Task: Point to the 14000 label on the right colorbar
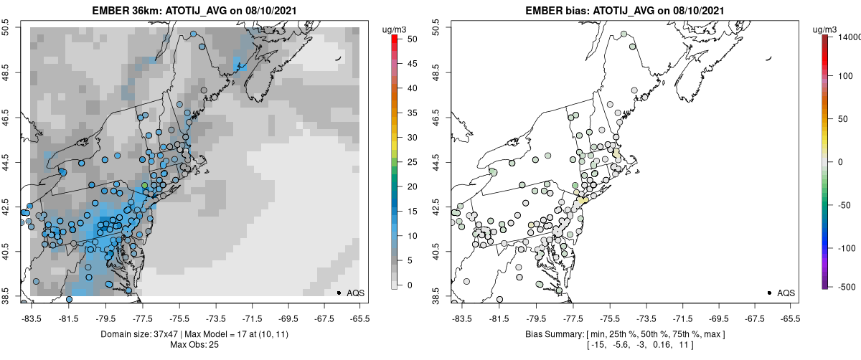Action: (x=850, y=37)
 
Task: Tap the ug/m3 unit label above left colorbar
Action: (x=396, y=29)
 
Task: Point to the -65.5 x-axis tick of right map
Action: (x=790, y=318)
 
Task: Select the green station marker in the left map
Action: (x=144, y=186)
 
